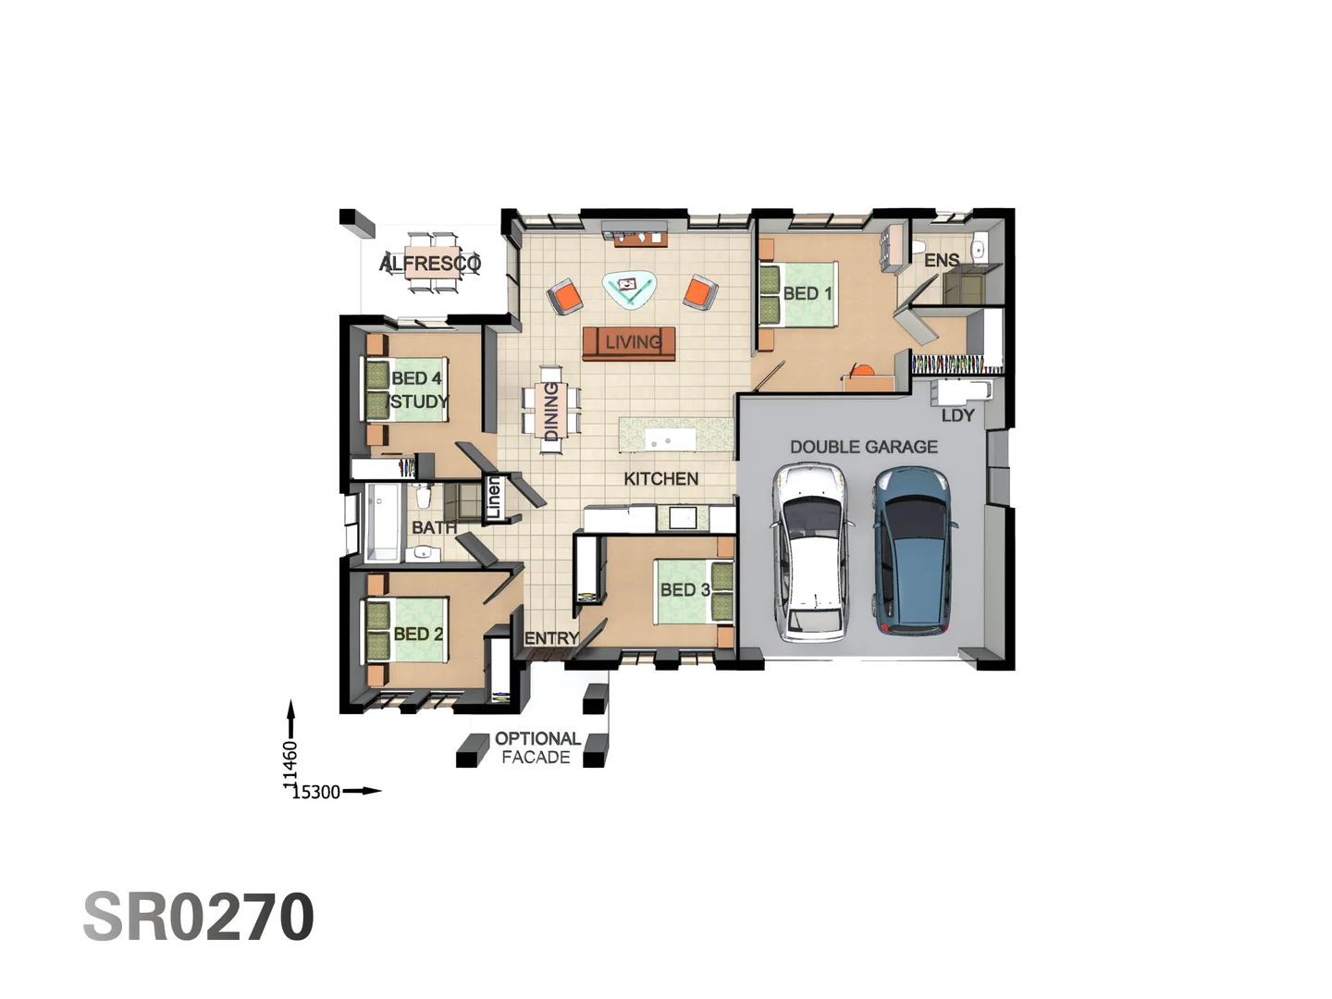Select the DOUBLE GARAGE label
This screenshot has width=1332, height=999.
tap(863, 447)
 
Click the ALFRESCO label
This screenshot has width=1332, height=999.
tap(430, 264)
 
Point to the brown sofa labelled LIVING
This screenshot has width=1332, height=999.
tap(630, 343)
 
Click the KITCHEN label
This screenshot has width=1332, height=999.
tap(660, 478)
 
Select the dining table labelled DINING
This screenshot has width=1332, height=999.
tap(551, 411)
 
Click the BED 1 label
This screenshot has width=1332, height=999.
tap(808, 293)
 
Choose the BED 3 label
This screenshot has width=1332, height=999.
tap(684, 589)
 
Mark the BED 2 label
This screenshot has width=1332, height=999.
tap(418, 634)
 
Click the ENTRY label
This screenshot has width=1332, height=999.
tap(551, 638)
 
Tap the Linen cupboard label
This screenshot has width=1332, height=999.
tap(494, 499)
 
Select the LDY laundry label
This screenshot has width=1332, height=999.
tap(957, 415)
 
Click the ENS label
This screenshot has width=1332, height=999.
tap(942, 261)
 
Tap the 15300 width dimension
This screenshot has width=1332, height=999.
tap(316, 792)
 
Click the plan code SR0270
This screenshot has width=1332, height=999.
tap(199, 917)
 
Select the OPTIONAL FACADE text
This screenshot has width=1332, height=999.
tap(536, 747)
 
